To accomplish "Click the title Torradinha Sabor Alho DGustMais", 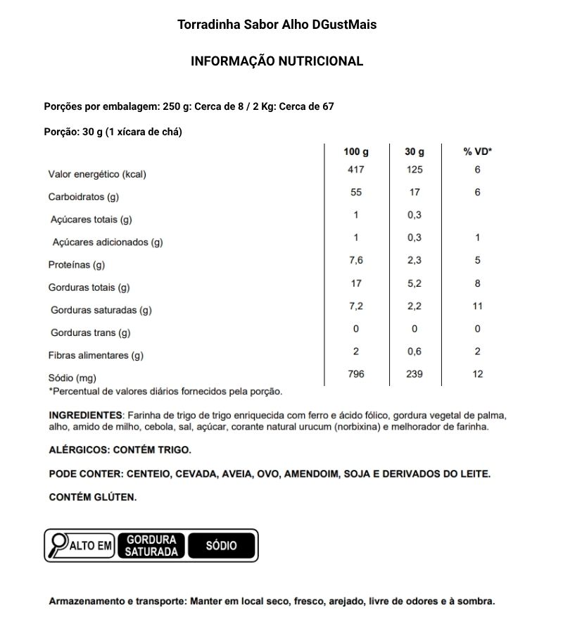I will tap(277, 25).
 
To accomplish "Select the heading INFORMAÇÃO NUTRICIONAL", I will tap(277, 61).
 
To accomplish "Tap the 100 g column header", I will tap(356, 151).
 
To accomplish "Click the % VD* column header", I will tap(477, 151).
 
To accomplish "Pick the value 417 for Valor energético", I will tap(356, 170).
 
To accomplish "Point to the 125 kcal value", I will tap(415, 170).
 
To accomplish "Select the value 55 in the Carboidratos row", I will tap(356, 192).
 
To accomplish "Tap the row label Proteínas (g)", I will tap(76, 265).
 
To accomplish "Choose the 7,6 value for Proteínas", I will tap(356, 260).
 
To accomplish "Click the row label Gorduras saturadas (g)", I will tap(101, 310).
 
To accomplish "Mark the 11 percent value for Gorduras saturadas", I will tap(477, 306).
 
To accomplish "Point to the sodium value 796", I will tap(356, 373).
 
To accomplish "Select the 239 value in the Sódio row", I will tap(415, 373).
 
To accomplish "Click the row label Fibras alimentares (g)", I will tap(96, 355).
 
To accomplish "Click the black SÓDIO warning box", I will tap(221, 545).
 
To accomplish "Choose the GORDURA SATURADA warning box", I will tap(151, 545).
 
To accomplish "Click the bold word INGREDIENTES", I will tap(85, 414).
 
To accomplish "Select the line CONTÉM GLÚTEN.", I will tap(92, 497).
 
